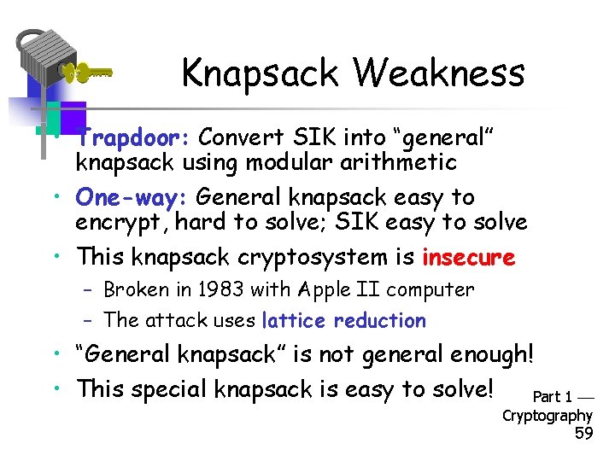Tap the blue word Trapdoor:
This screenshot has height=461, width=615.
(136, 137)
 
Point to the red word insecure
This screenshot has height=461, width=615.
(468, 257)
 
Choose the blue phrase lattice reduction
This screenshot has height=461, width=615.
(343, 320)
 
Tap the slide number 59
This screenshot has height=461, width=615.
(584, 434)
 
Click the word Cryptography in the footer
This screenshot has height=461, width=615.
(547, 416)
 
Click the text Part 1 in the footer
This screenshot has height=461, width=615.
(553, 397)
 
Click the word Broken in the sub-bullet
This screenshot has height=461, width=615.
(136, 289)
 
